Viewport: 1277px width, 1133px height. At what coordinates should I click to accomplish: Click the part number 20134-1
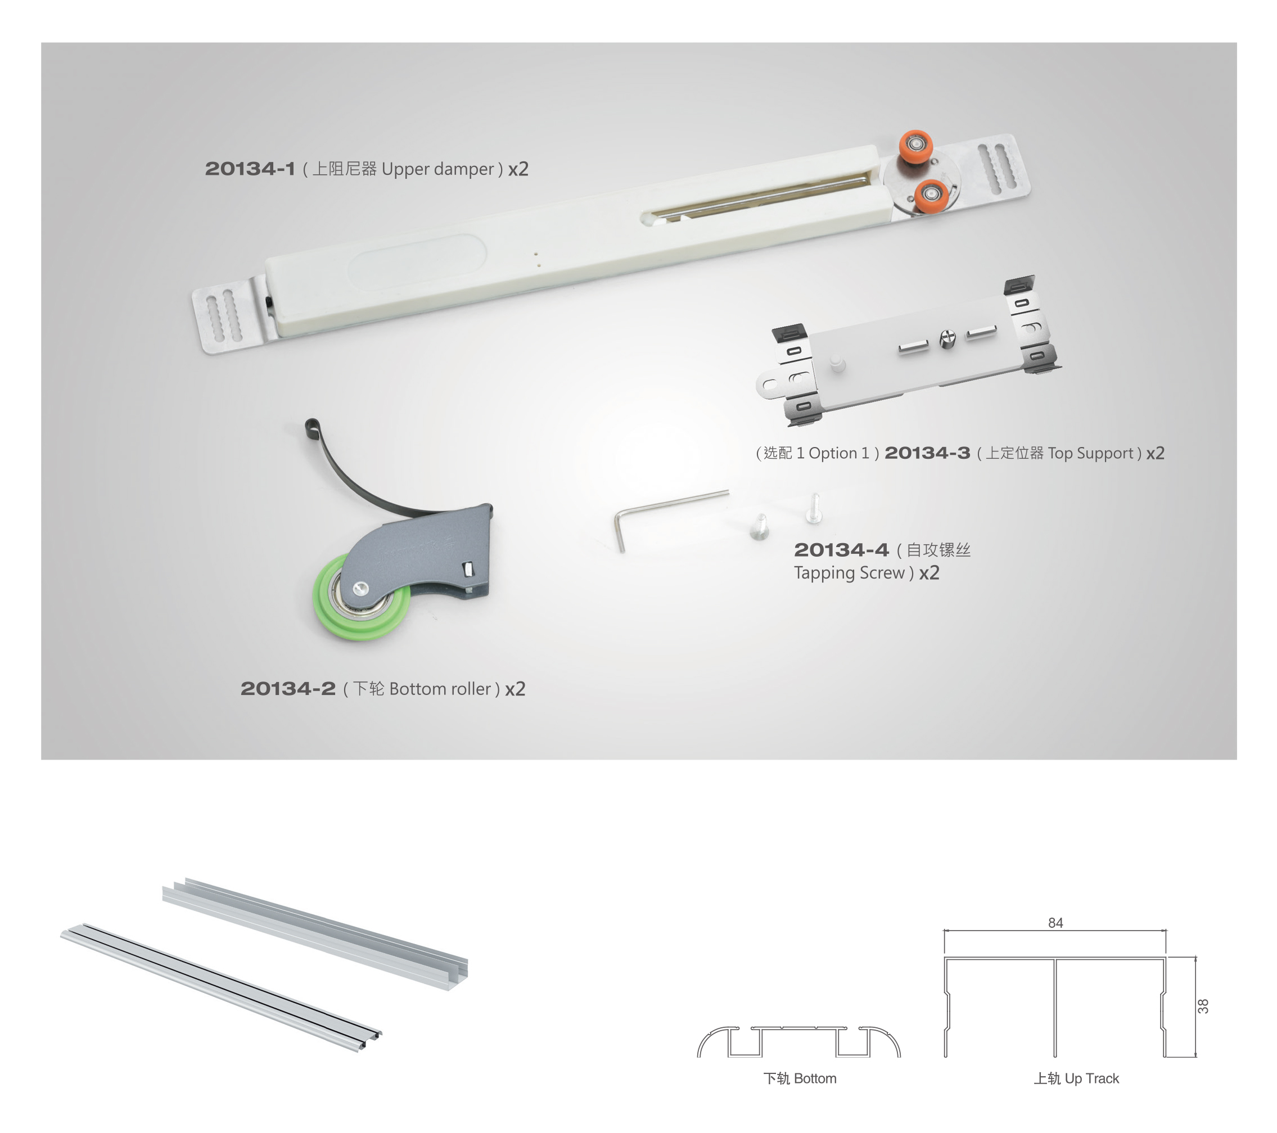pyautogui.click(x=250, y=169)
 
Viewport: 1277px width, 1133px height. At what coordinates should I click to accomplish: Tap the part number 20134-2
pyautogui.click(x=288, y=689)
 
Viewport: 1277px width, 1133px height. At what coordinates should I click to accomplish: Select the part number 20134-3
pyautogui.click(x=927, y=453)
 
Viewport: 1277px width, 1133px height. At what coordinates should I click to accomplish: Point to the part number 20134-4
pyautogui.click(x=841, y=550)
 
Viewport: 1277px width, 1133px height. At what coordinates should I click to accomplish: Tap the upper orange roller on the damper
pyautogui.click(x=916, y=146)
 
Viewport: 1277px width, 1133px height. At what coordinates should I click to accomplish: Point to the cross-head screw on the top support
pyautogui.click(x=947, y=340)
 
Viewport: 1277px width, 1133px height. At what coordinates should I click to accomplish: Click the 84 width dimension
pyautogui.click(x=1055, y=923)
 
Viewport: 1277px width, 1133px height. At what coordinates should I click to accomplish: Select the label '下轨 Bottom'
pyautogui.click(x=800, y=1078)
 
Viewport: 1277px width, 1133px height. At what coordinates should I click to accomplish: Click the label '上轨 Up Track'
pyautogui.click(x=1076, y=1078)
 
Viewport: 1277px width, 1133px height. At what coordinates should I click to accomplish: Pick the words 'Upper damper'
pyautogui.click(x=438, y=169)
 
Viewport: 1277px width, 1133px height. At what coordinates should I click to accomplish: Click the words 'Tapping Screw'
pyautogui.click(x=849, y=573)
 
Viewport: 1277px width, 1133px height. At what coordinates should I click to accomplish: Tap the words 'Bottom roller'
pyautogui.click(x=440, y=689)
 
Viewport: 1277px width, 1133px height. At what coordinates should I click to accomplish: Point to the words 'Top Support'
pyautogui.click(x=1091, y=453)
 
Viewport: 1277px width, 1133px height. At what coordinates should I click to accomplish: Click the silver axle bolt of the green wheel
pyautogui.click(x=360, y=587)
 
